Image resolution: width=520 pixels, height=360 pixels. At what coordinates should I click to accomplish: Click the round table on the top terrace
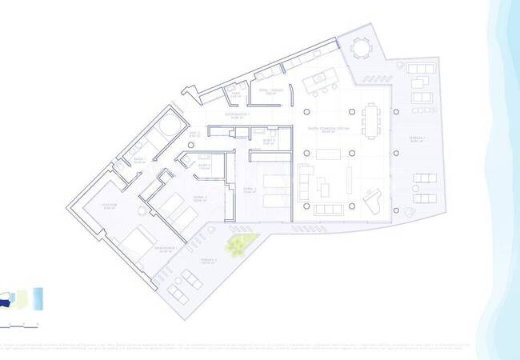(x=360, y=50)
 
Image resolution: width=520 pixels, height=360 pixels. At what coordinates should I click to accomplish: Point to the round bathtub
(x=168, y=129)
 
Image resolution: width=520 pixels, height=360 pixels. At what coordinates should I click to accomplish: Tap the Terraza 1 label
(x=414, y=140)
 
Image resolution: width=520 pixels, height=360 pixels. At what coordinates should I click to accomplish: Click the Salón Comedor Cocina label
(x=328, y=130)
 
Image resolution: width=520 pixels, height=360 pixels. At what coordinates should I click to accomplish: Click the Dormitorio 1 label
(x=166, y=249)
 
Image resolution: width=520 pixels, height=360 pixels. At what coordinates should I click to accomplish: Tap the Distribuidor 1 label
(x=238, y=117)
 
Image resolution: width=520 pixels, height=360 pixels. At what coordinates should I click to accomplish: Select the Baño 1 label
(x=139, y=159)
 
